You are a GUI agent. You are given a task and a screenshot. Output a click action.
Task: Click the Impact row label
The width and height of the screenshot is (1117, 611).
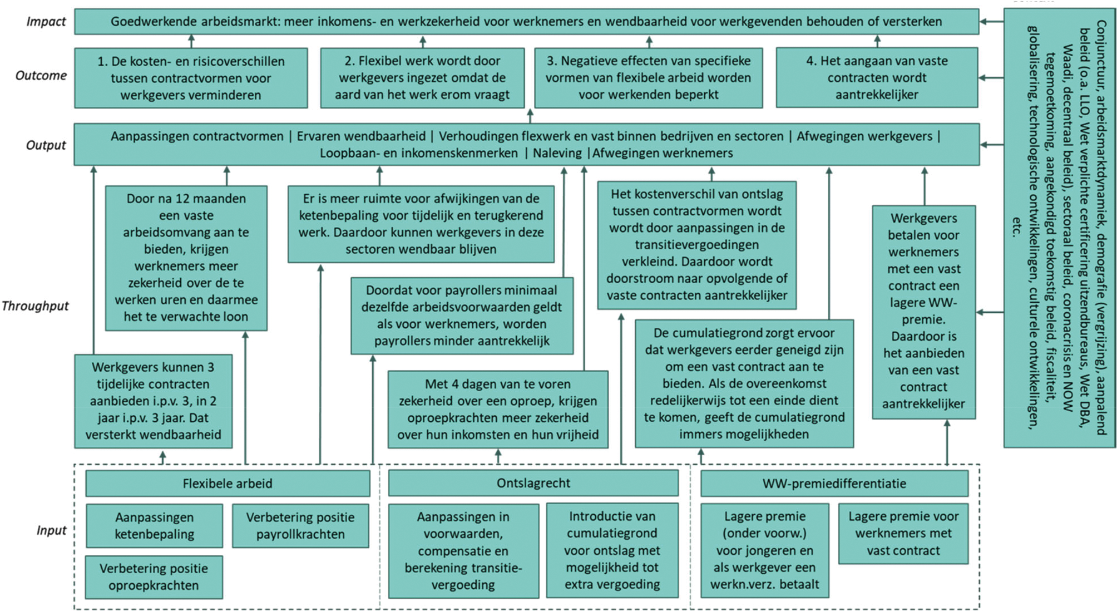pyautogui.click(x=46, y=22)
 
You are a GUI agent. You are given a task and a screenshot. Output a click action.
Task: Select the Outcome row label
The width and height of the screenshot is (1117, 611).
pyautogui.click(x=41, y=76)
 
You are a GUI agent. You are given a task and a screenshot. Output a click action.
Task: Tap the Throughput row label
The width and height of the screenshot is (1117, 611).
pyautogui.click(x=35, y=306)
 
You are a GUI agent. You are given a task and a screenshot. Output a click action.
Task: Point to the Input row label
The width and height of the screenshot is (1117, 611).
pyautogui.click(x=51, y=530)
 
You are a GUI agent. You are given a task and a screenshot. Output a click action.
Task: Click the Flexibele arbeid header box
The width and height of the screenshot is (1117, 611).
pyautogui.click(x=228, y=484)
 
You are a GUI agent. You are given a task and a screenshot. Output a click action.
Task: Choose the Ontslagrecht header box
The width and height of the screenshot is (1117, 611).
pyautogui.click(x=533, y=483)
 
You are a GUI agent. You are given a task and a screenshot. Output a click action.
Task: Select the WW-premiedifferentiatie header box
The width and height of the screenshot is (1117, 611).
pyautogui.click(x=834, y=484)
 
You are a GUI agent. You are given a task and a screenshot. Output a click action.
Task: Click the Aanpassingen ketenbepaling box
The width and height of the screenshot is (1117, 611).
pyautogui.click(x=154, y=526)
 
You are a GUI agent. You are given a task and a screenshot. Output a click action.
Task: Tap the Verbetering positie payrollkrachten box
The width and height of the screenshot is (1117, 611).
pyautogui.click(x=300, y=526)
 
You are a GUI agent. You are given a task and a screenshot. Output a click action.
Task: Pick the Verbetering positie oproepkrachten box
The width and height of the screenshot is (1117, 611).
pyautogui.click(x=154, y=577)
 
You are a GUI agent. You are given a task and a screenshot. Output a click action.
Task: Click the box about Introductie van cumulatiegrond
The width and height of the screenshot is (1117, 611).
pyautogui.click(x=612, y=550)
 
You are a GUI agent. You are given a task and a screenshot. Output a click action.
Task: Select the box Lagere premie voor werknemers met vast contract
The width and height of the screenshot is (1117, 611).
pyautogui.click(x=903, y=534)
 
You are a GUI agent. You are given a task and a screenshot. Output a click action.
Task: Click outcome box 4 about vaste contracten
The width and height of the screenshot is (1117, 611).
pyautogui.click(x=877, y=78)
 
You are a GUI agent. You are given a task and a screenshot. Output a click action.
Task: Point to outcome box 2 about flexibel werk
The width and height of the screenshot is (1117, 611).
pyautogui.click(x=422, y=78)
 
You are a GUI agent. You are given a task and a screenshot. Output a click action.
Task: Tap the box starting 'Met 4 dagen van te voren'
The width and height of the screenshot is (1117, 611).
pyautogui.click(x=498, y=410)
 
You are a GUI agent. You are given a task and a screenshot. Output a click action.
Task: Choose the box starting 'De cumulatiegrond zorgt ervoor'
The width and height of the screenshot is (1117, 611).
pyautogui.click(x=744, y=383)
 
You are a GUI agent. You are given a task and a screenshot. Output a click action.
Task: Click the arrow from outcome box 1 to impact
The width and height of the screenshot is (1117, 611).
pyautogui.click(x=191, y=41)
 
